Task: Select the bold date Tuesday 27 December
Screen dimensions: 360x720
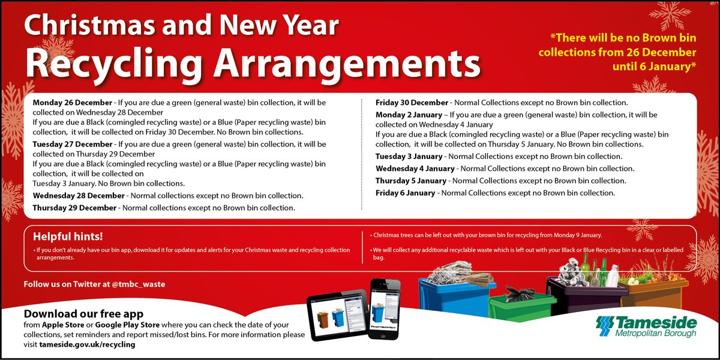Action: (72, 145)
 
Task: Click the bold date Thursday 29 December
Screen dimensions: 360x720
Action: (74, 208)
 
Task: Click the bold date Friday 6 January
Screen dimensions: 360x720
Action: (405, 193)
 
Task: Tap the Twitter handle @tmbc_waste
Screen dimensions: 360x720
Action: (138, 284)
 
